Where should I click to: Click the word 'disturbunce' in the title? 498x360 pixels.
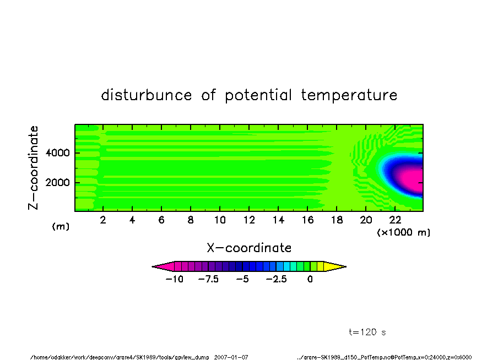pyautogui.click(x=147, y=95)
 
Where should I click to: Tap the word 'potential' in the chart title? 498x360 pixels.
pyautogui.click(x=258, y=95)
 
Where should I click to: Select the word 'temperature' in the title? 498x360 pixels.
pyautogui.click(x=349, y=95)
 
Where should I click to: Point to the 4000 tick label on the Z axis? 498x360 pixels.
pyautogui.click(x=57, y=152)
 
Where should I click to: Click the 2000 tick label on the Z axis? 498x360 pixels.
pyautogui.click(x=57, y=183)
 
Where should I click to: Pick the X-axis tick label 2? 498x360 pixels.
pyautogui.click(x=103, y=220)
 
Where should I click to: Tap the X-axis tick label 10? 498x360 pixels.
pyautogui.click(x=220, y=220)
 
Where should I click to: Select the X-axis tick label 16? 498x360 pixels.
pyautogui.click(x=307, y=220)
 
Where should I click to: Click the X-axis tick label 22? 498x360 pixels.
pyautogui.click(x=395, y=220)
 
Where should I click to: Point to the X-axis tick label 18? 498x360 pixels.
pyautogui.click(x=337, y=220)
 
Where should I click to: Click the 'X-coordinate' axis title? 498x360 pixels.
pyautogui.click(x=249, y=248)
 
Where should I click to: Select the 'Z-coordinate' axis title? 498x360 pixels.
pyautogui.click(x=33, y=168)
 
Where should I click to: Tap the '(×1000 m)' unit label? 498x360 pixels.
pyautogui.click(x=403, y=232)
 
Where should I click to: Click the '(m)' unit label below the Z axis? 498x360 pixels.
pyautogui.click(x=61, y=226)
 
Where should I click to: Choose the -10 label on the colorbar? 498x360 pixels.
pyautogui.click(x=175, y=279)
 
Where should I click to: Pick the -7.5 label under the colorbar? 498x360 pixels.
pyautogui.click(x=208, y=279)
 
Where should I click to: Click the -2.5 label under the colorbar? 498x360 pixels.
pyautogui.click(x=276, y=279)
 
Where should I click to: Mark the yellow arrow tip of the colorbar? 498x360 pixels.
pyautogui.click(x=345, y=266)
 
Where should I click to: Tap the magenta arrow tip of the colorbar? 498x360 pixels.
pyautogui.click(x=153, y=266)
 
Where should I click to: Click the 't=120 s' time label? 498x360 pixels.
pyautogui.click(x=367, y=332)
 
